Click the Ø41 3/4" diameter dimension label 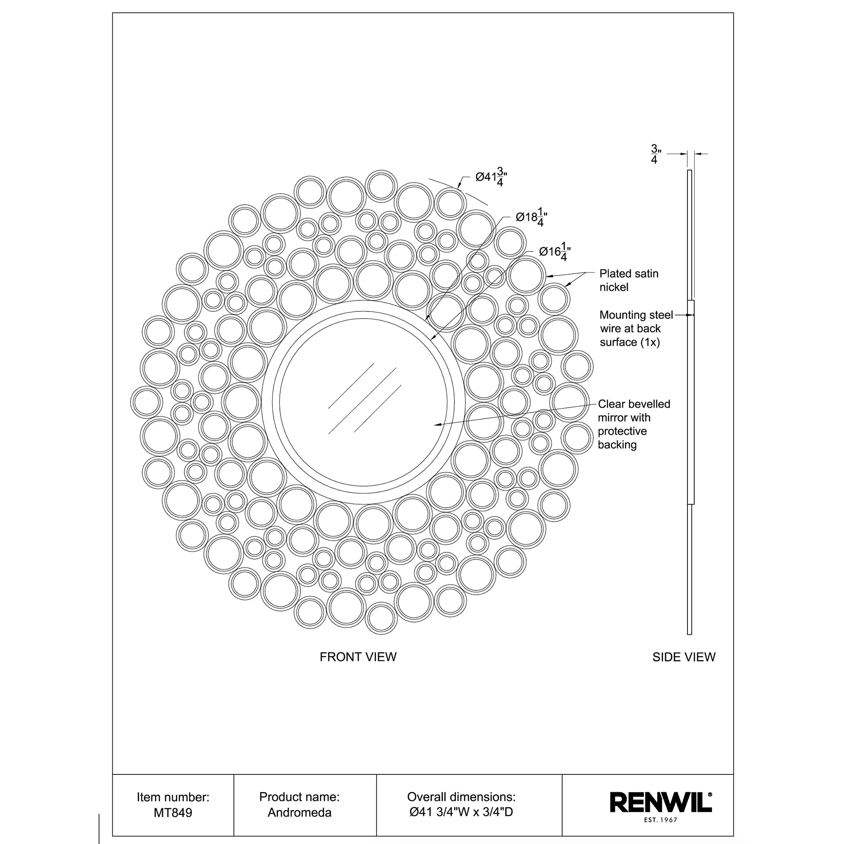point(491,177)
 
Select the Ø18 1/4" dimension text point(531,217)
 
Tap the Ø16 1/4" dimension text point(555,252)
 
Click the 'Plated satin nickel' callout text point(628,281)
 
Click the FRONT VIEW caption point(358,657)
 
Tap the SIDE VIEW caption point(684,657)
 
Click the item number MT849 point(173,812)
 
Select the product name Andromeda point(299,812)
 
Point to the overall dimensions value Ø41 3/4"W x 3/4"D point(461,812)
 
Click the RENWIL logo point(660,803)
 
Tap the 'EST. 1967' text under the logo point(660,820)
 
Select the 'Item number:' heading point(173,797)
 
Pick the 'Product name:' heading point(299,797)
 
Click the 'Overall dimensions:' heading point(461,797)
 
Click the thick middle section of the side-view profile point(691,402)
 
